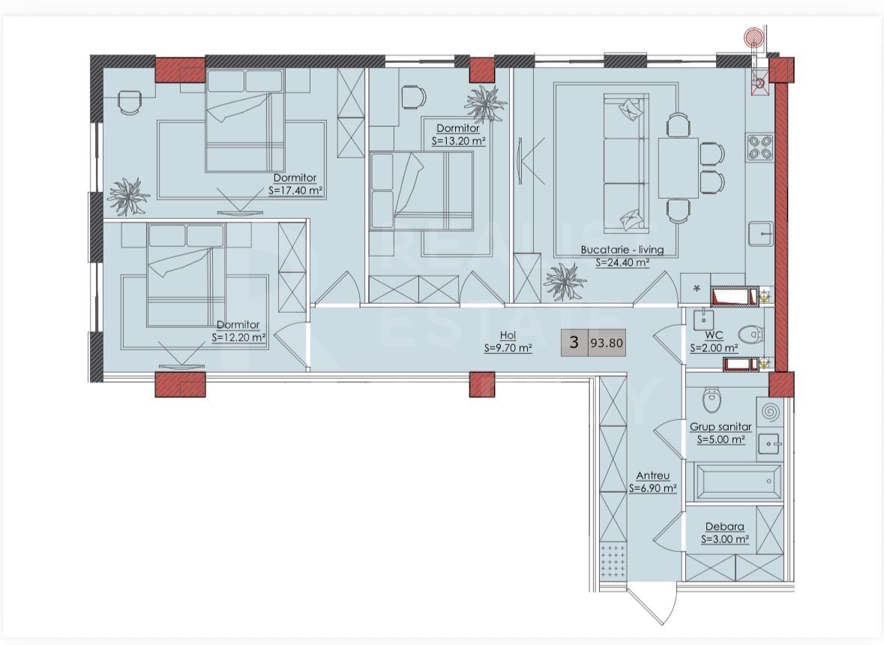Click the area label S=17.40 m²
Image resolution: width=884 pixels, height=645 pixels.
(x=296, y=191)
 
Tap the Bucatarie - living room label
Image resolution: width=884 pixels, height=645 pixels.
(x=622, y=249)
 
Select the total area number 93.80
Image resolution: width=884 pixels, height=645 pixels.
(x=607, y=343)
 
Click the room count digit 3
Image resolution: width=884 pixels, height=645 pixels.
(x=574, y=342)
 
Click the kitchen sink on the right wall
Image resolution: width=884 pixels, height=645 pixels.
(x=761, y=232)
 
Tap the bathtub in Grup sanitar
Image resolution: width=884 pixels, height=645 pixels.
(x=738, y=481)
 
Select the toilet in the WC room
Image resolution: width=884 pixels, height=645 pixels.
(x=751, y=335)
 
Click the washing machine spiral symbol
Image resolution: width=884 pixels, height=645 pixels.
(x=769, y=412)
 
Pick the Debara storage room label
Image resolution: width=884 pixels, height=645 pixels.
(x=724, y=526)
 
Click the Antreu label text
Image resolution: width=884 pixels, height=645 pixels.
(x=653, y=475)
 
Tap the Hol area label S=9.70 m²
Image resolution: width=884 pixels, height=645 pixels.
(x=508, y=349)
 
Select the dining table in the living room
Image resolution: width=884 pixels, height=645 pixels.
(x=679, y=168)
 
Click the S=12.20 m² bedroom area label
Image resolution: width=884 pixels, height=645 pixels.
(x=238, y=338)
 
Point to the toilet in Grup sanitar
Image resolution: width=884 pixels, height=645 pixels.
(x=712, y=400)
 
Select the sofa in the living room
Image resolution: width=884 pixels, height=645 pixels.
(x=625, y=163)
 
